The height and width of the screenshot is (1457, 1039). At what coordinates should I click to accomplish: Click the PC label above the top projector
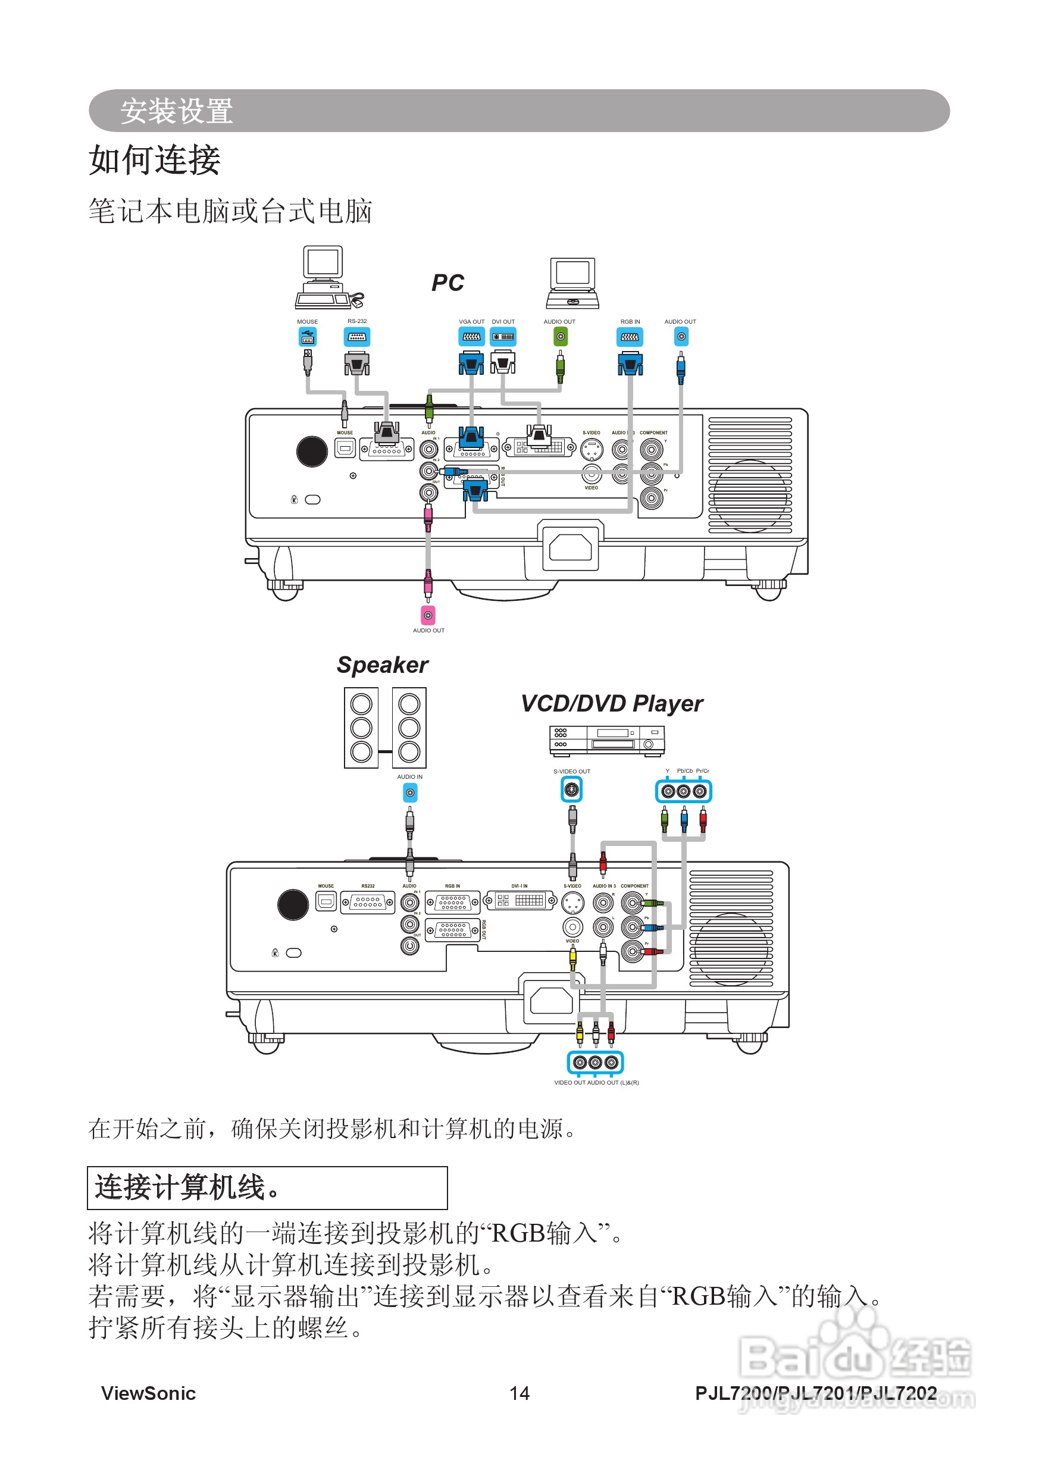pyautogui.click(x=447, y=283)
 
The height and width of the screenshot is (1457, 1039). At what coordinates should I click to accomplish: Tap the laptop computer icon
pyautogui.click(x=572, y=283)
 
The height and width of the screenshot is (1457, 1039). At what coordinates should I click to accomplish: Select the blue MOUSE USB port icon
pyautogui.click(x=308, y=336)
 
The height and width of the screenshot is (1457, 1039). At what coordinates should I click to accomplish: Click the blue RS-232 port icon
pyautogui.click(x=357, y=336)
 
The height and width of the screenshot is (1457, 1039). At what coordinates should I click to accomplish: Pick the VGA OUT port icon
pyautogui.click(x=471, y=336)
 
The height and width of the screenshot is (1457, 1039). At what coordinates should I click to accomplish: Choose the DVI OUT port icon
pyautogui.click(x=503, y=336)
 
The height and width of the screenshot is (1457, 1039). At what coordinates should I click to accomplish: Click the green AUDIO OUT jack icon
pyautogui.click(x=561, y=336)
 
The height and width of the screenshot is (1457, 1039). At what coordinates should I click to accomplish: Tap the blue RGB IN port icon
pyautogui.click(x=630, y=336)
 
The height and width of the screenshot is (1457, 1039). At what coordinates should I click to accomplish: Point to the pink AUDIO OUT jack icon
pyautogui.click(x=428, y=615)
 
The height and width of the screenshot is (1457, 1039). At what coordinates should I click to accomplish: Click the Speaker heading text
pyautogui.click(x=383, y=665)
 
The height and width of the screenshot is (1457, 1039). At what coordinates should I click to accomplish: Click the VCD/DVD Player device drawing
pyautogui.click(x=606, y=741)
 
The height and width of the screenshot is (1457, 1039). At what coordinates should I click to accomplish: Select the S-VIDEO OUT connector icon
pyautogui.click(x=572, y=790)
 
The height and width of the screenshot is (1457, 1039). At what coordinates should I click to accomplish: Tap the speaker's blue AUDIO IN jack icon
pyautogui.click(x=410, y=793)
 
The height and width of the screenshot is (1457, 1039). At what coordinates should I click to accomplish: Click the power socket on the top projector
pyautogui.click(x=570, y=547)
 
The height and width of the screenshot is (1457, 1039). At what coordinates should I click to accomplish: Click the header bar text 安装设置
pyautogui.click(x=177, y=111)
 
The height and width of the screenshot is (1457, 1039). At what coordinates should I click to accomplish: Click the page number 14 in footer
pyautogui.click(x=519, y=1393)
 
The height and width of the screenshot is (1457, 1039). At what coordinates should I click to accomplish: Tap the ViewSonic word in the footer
pyautogui.click(x=148, y=1393)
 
